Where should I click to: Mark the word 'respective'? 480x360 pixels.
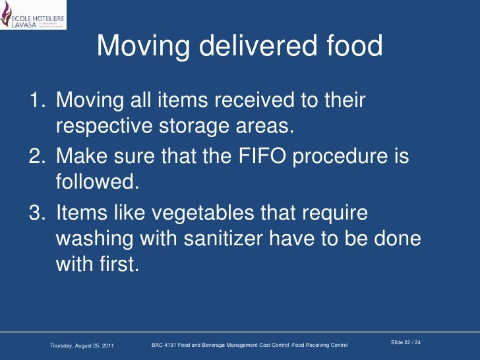[106, 126]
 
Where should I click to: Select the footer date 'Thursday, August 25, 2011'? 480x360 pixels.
[82, 345]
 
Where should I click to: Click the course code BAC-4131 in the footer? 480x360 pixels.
[165, 345]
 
